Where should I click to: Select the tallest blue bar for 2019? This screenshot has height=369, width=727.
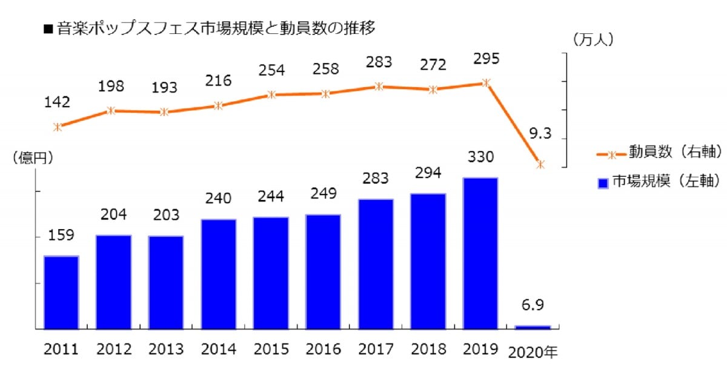coord(480,253)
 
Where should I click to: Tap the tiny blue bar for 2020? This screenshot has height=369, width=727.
coord(533,327)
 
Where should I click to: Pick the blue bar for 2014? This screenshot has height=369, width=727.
coord(219,274)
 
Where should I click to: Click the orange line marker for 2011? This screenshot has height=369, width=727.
coord(58,127)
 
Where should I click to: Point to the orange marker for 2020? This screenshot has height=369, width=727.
coord(540,164)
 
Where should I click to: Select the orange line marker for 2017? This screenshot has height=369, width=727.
coord(379,86)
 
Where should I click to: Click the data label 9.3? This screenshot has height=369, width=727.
coord(540,134)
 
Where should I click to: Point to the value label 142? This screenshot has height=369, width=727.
coord(58,102)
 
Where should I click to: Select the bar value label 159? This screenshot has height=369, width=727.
coord(61,236)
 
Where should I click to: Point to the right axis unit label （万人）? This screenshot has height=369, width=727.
coord(593,39)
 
